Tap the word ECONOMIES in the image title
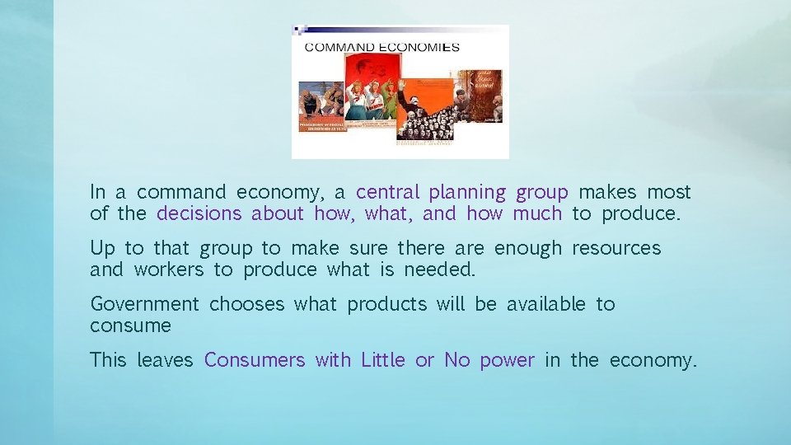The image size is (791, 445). (x=418, y=47)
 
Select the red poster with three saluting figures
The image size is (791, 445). (x=370, y=92)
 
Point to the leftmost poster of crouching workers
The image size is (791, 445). (x=321, y=105)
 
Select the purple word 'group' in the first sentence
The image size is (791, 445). (x=541, y=193)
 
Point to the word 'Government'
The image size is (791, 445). (x=144, y=305)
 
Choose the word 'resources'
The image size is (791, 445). (x=616, y=249)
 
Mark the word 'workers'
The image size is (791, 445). (x=168, y=270)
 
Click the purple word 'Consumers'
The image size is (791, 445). (x=255, y=361)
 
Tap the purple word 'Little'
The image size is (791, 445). (x=383, y=361)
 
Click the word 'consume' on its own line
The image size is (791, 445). (x=130, y=326)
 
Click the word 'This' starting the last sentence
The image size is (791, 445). (x=108, y=361)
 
